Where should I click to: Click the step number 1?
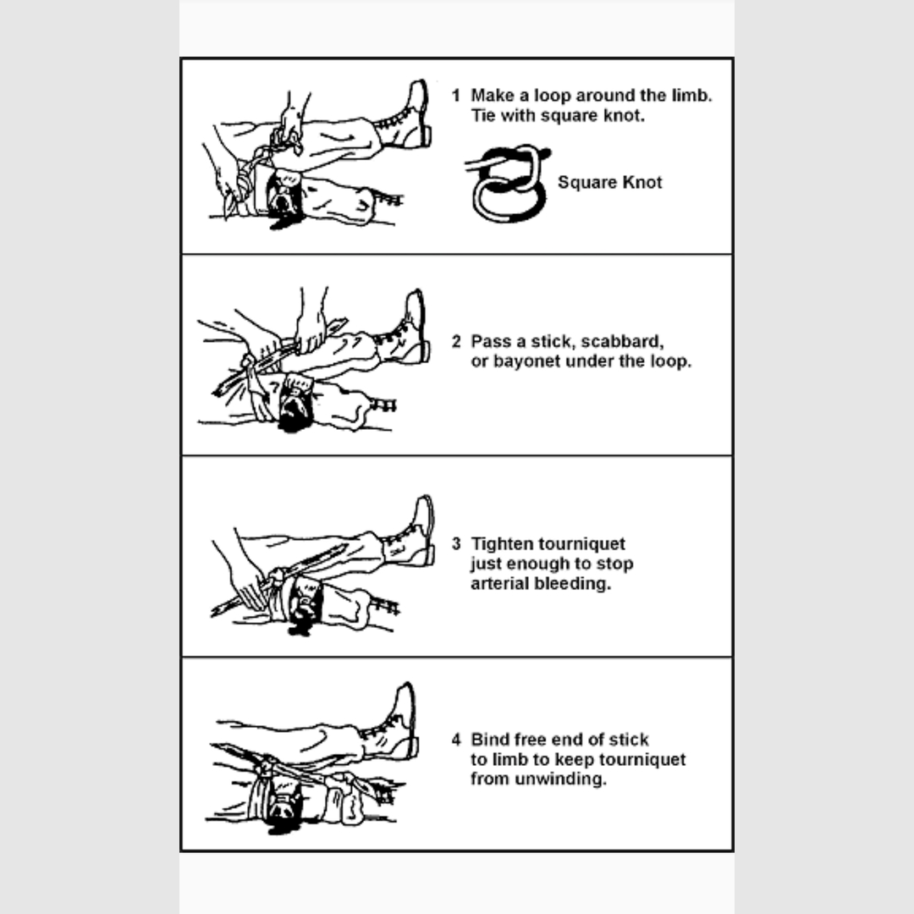tap(455, 96)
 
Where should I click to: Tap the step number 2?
tap(456, 342)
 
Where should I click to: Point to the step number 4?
tap(456, 740)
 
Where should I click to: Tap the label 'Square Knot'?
tap(609, 183)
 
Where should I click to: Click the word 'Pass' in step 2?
tap(490, 342)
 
